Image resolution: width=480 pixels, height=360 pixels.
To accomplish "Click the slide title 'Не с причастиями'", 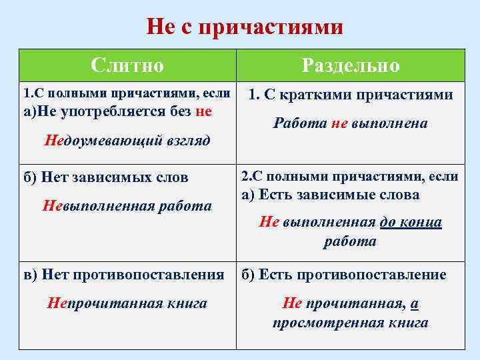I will pos(245,27).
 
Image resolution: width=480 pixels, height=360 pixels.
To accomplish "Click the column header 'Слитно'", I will pos(127,65).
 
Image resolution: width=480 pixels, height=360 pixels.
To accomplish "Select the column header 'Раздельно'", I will pos(351,65).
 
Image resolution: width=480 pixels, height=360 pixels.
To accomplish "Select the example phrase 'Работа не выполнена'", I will pos(351,124).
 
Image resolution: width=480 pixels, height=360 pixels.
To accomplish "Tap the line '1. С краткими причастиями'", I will pos(351,95).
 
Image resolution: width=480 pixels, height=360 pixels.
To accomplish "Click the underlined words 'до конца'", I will pos(411,223).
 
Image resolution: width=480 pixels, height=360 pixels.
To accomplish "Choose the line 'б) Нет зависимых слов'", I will pos(106,177).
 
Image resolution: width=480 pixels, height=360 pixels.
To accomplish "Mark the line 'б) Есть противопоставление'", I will pos(343,275).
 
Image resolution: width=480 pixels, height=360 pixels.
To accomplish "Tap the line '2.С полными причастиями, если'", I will pos(350,177).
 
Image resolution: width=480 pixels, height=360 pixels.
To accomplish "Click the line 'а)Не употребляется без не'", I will pos(117,111).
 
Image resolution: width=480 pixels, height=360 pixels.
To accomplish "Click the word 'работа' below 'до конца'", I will pos(351,241).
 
